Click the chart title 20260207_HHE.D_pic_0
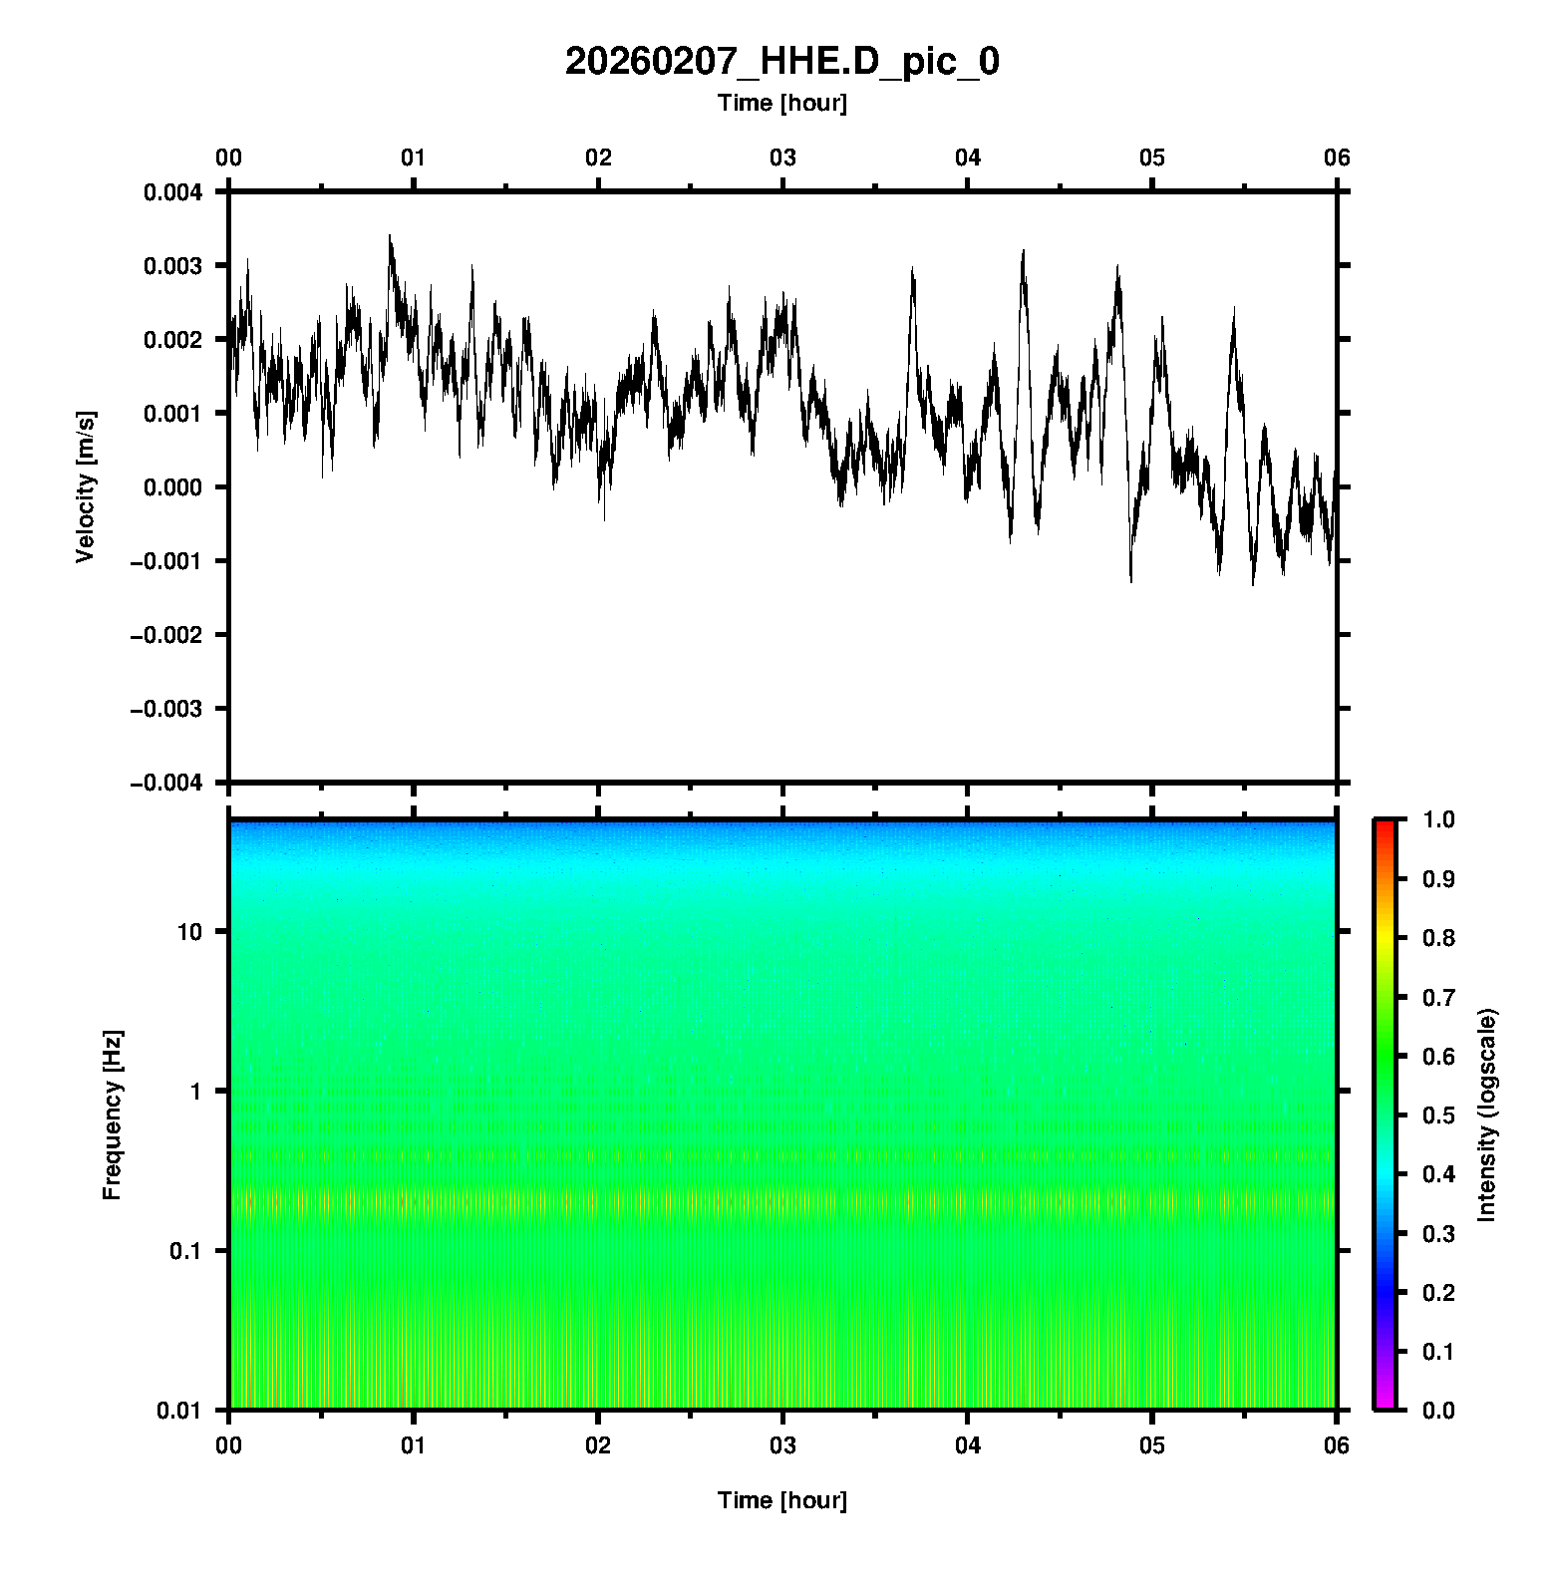click(781, 62)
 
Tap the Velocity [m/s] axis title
click(86, 486)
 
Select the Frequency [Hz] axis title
click(112, 1115)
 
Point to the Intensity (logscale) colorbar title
click(1486, 1115)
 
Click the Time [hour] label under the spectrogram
click(781, 1500)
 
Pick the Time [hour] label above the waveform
click(781, 103)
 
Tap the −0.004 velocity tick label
click(166, 783)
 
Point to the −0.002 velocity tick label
click(166, 635)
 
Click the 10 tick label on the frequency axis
click(189, 932)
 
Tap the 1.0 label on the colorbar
click(1438, 819)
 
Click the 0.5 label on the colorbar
click(1438, 1115)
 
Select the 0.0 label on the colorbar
click(1438, 1410)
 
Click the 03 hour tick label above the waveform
click(782, 158)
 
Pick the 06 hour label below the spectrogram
click(1336, 1445)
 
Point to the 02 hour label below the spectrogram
click(598, 1445)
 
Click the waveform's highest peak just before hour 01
click(390, 236)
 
